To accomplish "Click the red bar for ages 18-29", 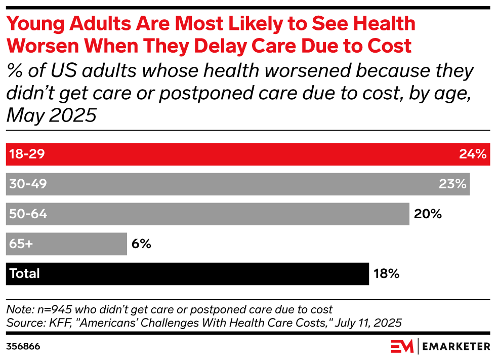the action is (x=248, y=154).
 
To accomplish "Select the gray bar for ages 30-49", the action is (x=238, y=184).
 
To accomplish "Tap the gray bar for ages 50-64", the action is (x=208, y=214).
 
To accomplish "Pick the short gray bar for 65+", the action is (x=66, y=244).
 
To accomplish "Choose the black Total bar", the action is (x=187, y=274).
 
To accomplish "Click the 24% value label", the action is (x=473, y=154).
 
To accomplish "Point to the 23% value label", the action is (x=452, y=184).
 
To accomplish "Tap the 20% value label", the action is (x=428, y=214).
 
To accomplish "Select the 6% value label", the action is (x=141, y=244).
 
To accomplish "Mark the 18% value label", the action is (x=386, y=274).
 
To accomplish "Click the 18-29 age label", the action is (x=27, y=154).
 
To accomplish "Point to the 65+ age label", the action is (x=21, y=244).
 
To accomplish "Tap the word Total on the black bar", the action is (x=25, y=273).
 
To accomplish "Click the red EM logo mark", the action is (x=402, y=346).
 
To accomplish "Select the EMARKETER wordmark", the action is (x=456, y=347).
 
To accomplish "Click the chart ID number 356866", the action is (x=23, y=346).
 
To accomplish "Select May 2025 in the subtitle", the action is (x=51, y=115).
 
